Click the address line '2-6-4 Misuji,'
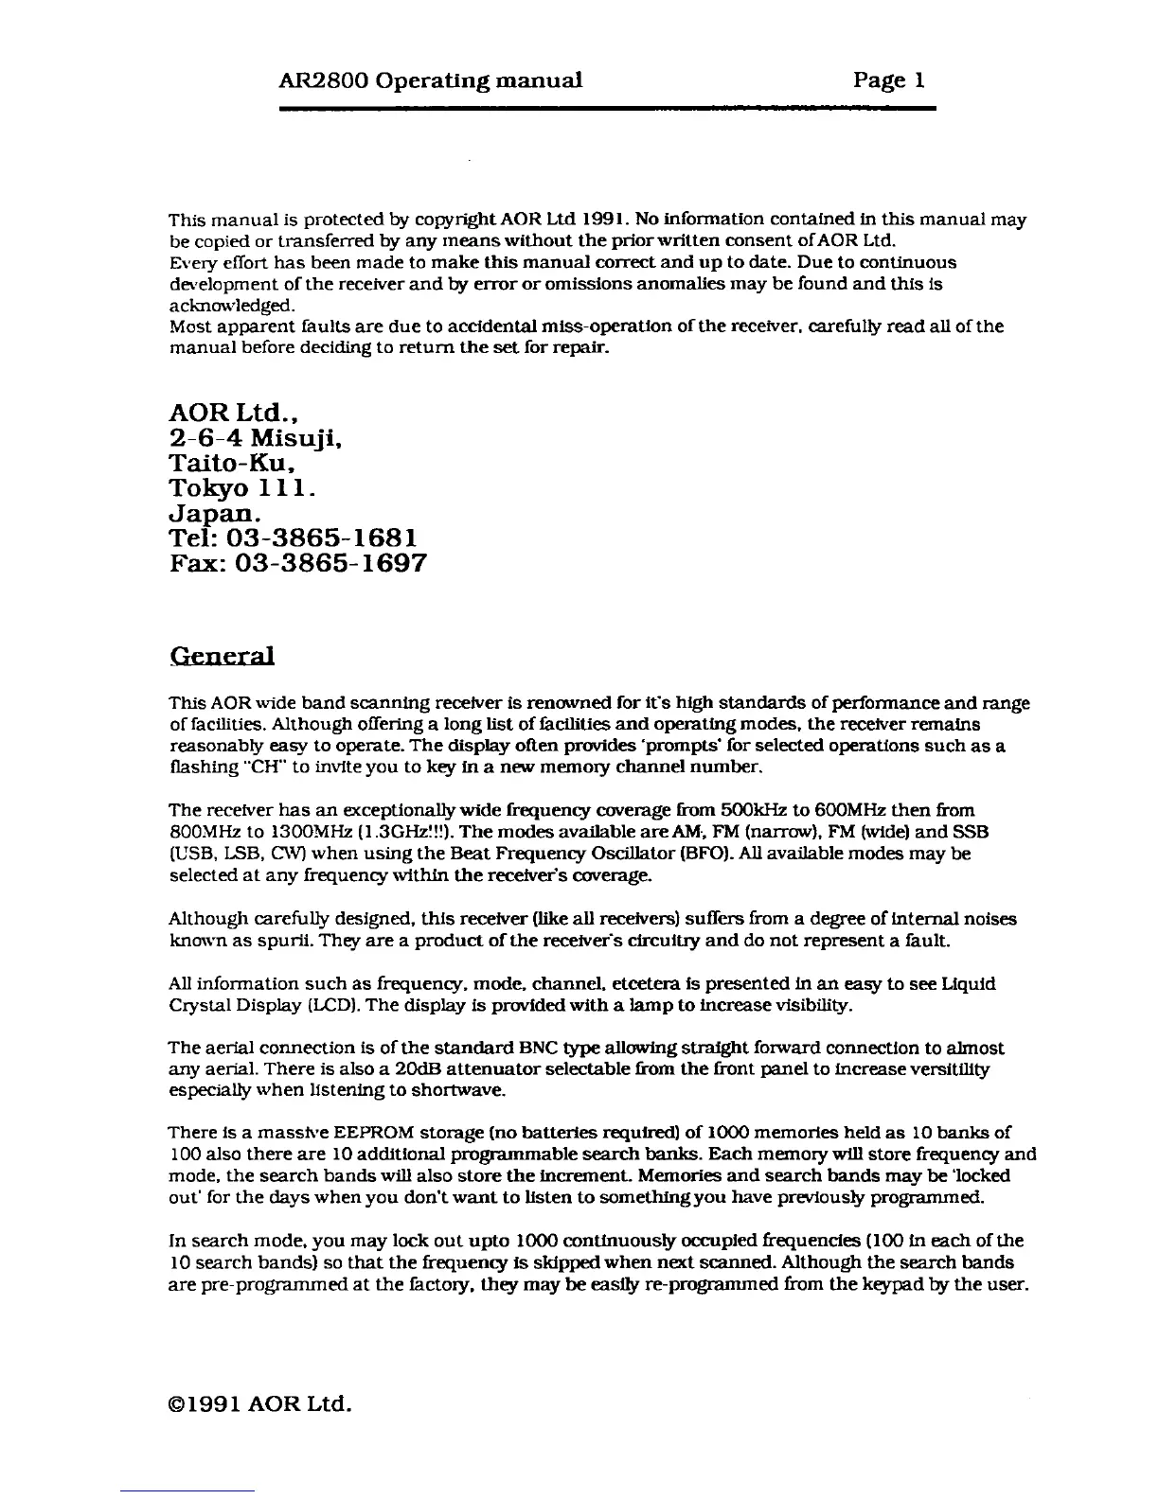pos(247,439)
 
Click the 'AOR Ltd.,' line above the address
pos(236,414)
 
